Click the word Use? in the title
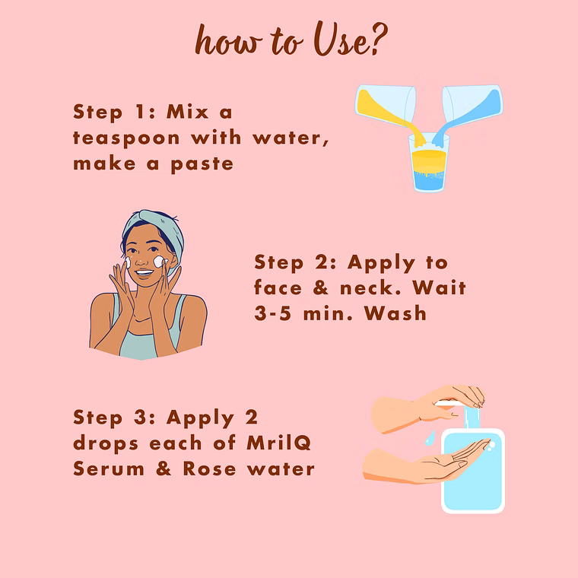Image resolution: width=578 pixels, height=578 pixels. (x=350, y=40)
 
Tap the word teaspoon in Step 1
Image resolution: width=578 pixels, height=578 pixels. (x=126, y=139)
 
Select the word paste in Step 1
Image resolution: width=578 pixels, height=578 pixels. (x=202, y=164)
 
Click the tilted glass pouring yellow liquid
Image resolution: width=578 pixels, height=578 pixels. (x=387, y=107)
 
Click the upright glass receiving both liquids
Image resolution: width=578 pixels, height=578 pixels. (x=429, y=163)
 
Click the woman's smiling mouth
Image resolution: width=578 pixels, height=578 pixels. (x=144, y=274)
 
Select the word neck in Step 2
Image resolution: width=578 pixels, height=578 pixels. (x=370, y=288)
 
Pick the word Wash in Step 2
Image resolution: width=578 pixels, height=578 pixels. (x=395, y=313)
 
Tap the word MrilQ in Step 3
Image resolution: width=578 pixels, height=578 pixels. (x=279, y=443)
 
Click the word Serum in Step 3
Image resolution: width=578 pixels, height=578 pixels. (x=109, y=469)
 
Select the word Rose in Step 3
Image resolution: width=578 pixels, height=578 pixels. (x=209, y=469)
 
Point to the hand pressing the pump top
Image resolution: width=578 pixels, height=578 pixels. (x=431, y=408)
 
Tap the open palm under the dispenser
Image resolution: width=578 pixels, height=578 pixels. (x=431, y=462)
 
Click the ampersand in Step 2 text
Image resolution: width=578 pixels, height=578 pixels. (x=321, y=288)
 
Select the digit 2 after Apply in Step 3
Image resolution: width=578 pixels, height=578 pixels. (x=252, y=418)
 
